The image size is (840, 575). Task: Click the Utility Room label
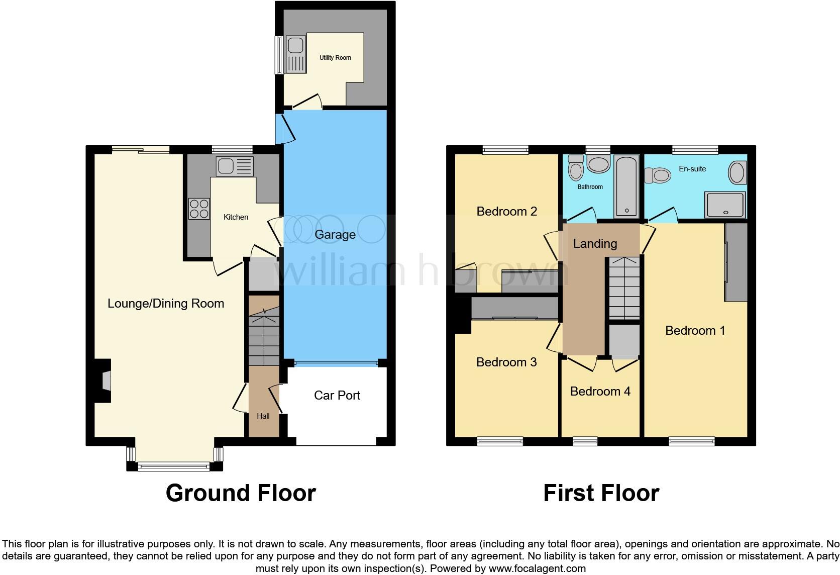click(335, 58)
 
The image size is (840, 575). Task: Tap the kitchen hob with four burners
click(199, 209)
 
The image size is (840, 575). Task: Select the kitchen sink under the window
click(235, 166)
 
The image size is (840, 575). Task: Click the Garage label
click(335, 235)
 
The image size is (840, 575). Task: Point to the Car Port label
click(337, 396)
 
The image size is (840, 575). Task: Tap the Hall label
click(263, 416)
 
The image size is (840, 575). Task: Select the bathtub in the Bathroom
click(626, 186)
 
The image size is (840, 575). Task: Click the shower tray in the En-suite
click(725, 205)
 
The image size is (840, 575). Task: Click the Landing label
click(595, 244)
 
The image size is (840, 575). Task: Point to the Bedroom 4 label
click(600, 392)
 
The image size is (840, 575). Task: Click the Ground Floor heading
click(241, 493)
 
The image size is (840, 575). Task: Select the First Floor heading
click(601, 493)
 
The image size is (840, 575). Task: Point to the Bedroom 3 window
click(500, 441)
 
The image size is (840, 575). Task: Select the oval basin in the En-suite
click(737, 172)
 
